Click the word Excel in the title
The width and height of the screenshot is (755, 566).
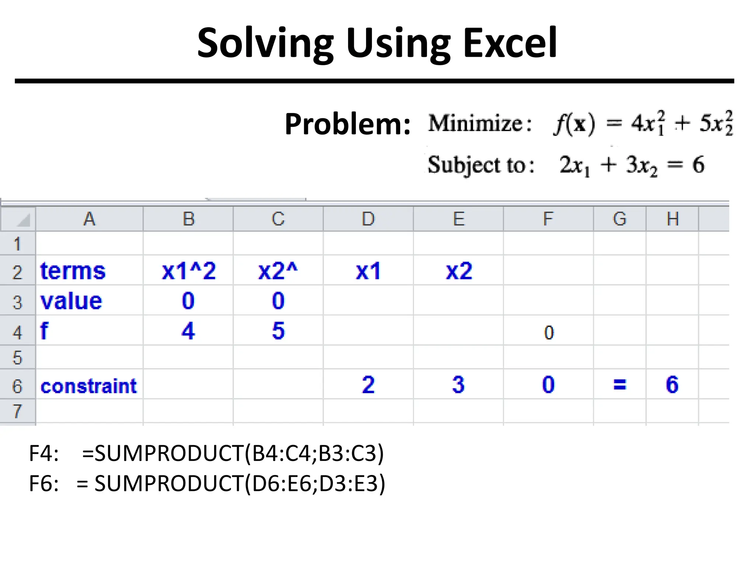[510, 43]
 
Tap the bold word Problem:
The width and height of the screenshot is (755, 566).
[347, 124]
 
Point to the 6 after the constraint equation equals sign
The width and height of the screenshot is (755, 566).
[698, 164]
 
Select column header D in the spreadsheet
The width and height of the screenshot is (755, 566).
[368, 219]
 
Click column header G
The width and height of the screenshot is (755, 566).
[619, 219]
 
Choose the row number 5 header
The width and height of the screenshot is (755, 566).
[17, 357]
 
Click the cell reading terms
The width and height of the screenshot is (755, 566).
[73, 271]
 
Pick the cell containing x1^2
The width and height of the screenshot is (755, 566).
[188, 271]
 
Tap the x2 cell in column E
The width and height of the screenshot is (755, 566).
[459, 271]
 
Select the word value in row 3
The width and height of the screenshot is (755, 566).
[71, 301]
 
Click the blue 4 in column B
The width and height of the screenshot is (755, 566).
[188, 331]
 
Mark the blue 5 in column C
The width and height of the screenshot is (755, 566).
[278, 331]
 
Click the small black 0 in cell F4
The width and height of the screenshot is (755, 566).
[549, 333]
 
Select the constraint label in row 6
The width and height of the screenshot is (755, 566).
[88, 386]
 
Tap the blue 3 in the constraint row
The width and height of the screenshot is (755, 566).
[458, 384]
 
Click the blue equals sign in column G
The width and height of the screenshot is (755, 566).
[619, 385]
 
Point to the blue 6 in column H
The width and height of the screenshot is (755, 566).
[672, 384]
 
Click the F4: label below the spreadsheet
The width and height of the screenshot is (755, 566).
[44, 453]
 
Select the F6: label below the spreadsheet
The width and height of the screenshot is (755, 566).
[44, 483]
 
